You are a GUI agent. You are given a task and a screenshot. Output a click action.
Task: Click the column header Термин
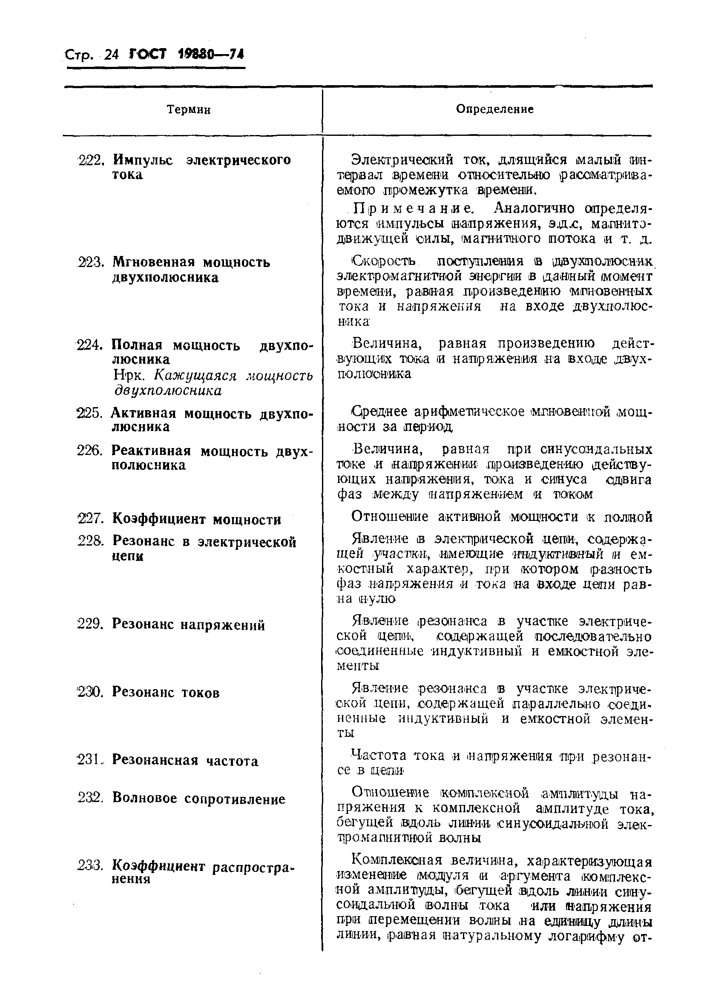click(188, 109)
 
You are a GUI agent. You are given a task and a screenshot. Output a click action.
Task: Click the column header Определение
click(494, 109)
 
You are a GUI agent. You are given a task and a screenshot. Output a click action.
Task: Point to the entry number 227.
click(90, 519)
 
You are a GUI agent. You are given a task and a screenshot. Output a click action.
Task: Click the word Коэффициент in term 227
click(158, 519)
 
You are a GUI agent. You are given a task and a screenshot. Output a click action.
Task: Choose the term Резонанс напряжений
click(188, 624)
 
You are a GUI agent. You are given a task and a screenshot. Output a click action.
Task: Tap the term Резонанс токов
click(166, 692)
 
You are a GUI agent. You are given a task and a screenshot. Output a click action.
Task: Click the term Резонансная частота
click(185, 760)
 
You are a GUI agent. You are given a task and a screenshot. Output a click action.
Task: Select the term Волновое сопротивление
click(198, 798)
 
